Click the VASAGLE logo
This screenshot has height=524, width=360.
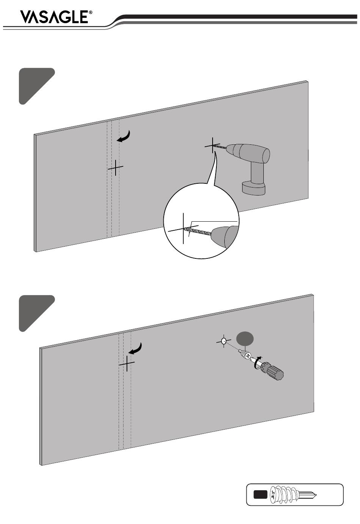54,17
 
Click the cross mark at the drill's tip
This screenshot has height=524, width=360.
213,145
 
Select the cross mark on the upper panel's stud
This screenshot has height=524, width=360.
115,167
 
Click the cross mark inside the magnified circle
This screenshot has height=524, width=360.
183,229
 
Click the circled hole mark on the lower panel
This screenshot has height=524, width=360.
224,341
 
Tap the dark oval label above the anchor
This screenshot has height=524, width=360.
245,338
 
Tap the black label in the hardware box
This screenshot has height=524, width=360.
260,494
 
